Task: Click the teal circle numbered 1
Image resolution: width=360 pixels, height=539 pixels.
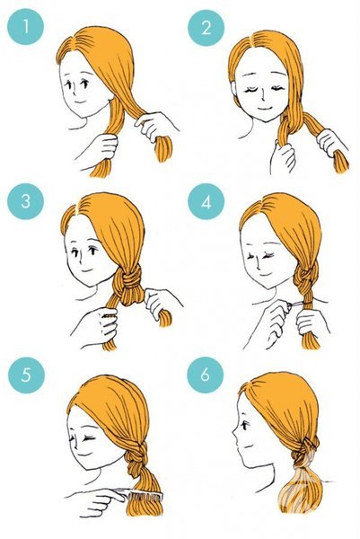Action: [26, 27]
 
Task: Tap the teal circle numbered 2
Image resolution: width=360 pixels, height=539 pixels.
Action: [206, 28]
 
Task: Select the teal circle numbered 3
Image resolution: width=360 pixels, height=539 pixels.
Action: [26, 201]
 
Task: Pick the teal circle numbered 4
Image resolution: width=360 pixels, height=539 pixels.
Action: [206, 202]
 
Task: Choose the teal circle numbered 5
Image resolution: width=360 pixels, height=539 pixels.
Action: [26, 375]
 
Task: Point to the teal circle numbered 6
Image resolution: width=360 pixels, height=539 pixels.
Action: [205, 374]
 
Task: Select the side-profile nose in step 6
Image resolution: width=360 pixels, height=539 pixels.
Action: [235, 439]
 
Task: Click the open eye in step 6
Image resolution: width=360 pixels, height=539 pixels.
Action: [244, 425]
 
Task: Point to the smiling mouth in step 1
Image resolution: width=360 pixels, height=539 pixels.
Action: [80, 102]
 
